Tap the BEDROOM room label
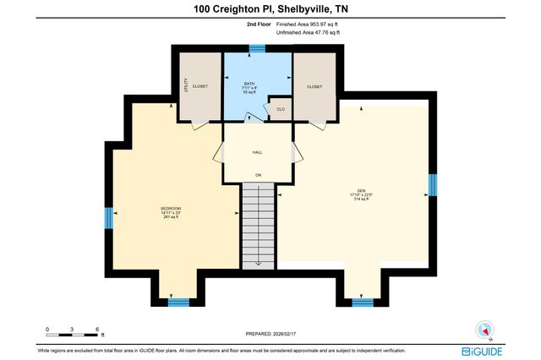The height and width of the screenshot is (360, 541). [172, 209]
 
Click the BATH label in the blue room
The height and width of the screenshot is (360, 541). [249, 84]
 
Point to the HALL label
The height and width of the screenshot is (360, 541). [257, 153]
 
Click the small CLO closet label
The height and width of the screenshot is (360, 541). [280, 109]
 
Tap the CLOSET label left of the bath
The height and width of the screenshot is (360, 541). [200, 86]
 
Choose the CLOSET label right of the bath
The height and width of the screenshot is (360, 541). [314, 86]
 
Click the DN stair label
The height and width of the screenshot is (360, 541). [259, 175]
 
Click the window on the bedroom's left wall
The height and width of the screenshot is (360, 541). [109, 218]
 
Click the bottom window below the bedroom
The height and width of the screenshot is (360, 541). [178, 301]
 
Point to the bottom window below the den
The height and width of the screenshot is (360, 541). [363, 301]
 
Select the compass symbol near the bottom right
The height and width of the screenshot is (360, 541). [484, 331]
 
